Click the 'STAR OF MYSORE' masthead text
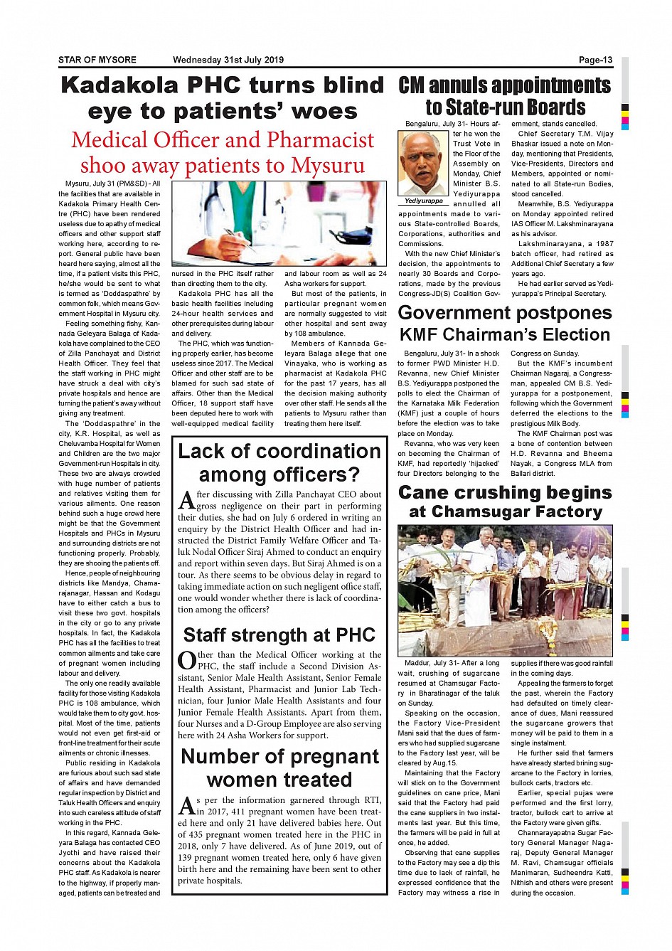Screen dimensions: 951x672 (x=97, y=60)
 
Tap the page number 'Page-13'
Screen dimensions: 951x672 (x=595, y=60)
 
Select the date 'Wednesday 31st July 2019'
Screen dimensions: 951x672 (x=228, y=60)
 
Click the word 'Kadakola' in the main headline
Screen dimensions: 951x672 (x=119, y=85)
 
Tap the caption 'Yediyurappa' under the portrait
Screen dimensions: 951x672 (x=424, y=201)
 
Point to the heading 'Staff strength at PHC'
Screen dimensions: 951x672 (x=279, y=634)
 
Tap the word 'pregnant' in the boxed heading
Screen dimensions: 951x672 (x=329, y=756)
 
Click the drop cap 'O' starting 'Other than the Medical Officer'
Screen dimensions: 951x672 (x=186, y=661)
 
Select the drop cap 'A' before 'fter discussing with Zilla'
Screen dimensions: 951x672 (x=186, y=500)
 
